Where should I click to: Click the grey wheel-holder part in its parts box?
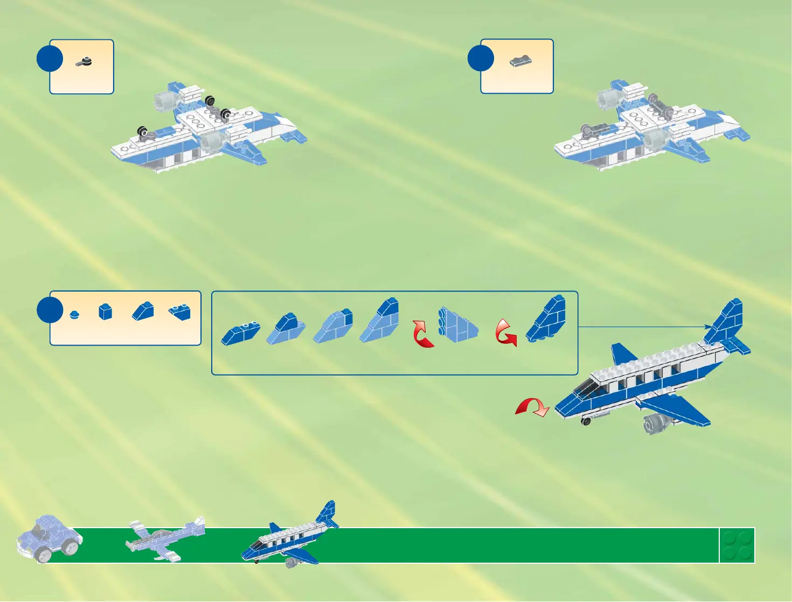84,63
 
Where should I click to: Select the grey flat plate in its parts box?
520,61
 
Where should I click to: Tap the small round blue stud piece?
75,314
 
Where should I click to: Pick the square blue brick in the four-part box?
105,312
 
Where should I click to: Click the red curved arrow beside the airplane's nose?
532,407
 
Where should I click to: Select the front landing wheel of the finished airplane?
586,421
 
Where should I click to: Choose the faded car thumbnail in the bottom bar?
49,537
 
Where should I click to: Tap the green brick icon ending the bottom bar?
737,545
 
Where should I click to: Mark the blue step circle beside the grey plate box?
481,58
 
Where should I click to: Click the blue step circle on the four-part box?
50,309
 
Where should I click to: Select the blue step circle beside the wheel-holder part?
50,58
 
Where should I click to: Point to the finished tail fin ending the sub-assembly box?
547,319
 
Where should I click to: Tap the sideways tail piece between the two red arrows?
457,325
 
